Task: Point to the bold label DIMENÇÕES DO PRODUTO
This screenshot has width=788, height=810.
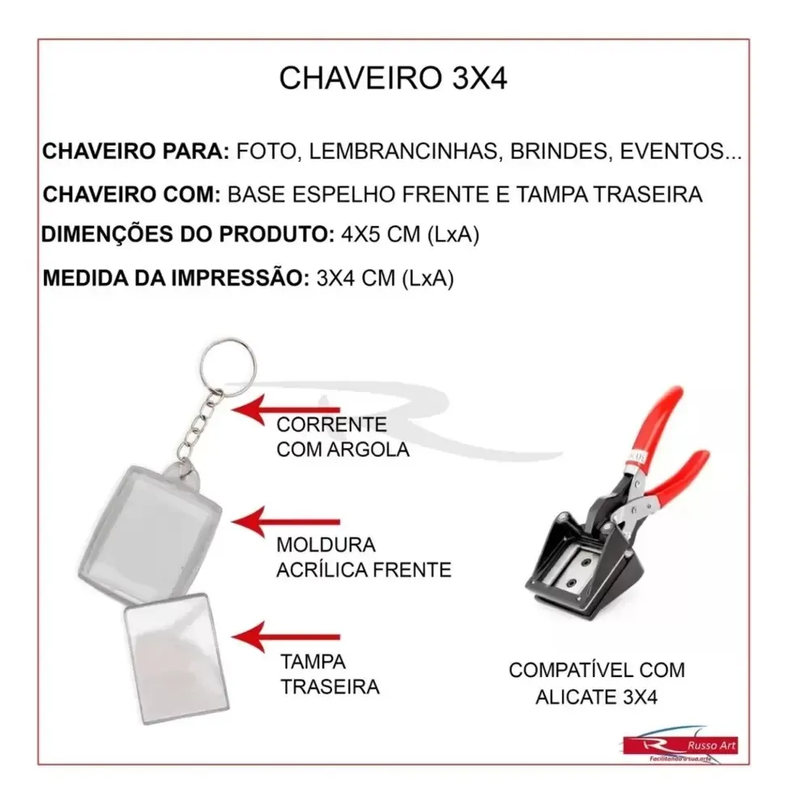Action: (188, 235)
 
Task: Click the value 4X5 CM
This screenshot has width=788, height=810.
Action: (381, 235)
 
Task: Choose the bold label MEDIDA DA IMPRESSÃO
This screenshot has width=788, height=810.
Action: (176, 279)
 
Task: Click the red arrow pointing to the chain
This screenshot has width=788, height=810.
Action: (286, 410)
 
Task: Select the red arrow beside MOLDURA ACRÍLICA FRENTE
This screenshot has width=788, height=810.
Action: (286, 522)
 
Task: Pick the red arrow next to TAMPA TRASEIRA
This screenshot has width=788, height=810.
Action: (286, 637)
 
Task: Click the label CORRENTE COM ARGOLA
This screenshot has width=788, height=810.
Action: (343, 437)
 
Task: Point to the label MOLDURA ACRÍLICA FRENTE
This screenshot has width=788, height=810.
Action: (364, 557)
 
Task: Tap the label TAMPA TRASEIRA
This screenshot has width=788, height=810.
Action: (330, 674)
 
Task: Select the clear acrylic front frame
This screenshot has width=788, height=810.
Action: (150, 532)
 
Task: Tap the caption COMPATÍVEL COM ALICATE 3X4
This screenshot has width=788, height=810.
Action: (596, 684)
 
